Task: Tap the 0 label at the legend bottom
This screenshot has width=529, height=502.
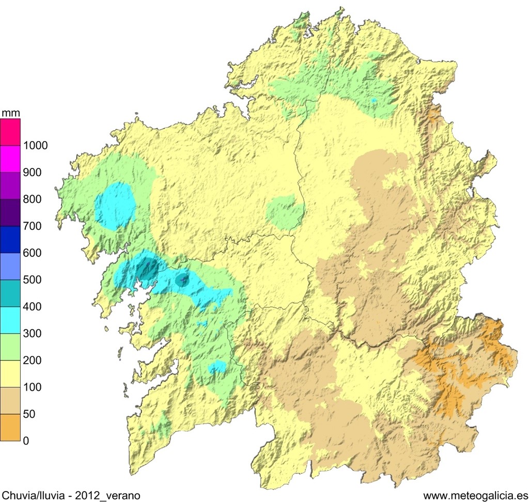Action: [x=26, y=441]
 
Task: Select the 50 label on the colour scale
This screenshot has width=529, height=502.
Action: [x=29, y=414]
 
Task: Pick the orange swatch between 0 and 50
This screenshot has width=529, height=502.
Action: [x=10, y=428]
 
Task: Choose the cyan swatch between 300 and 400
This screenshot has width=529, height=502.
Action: [x=10, y=320]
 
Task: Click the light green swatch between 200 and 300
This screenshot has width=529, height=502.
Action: [x=10, y=347]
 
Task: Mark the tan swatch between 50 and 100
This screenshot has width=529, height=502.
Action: [x=10, y=401]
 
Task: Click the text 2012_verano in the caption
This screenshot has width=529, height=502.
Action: [x=107, y=495]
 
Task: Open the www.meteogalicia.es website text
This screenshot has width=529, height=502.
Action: [x=475, y=495]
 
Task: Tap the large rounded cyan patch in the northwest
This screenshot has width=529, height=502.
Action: [x=116, y=206]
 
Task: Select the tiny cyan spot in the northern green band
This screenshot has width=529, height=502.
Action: [x=374, y=100]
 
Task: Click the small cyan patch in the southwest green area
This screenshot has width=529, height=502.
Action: [x=217, y=367]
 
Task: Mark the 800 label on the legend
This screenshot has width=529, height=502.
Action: [x=32, y=199]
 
